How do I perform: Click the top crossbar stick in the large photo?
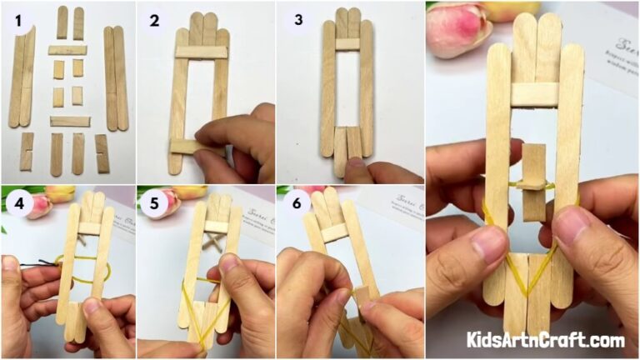(534, 94)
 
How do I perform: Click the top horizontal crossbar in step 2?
(201, 52)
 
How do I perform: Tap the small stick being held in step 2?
(188, 147)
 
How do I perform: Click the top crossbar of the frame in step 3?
(347, 43)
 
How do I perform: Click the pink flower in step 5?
(167, 202)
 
